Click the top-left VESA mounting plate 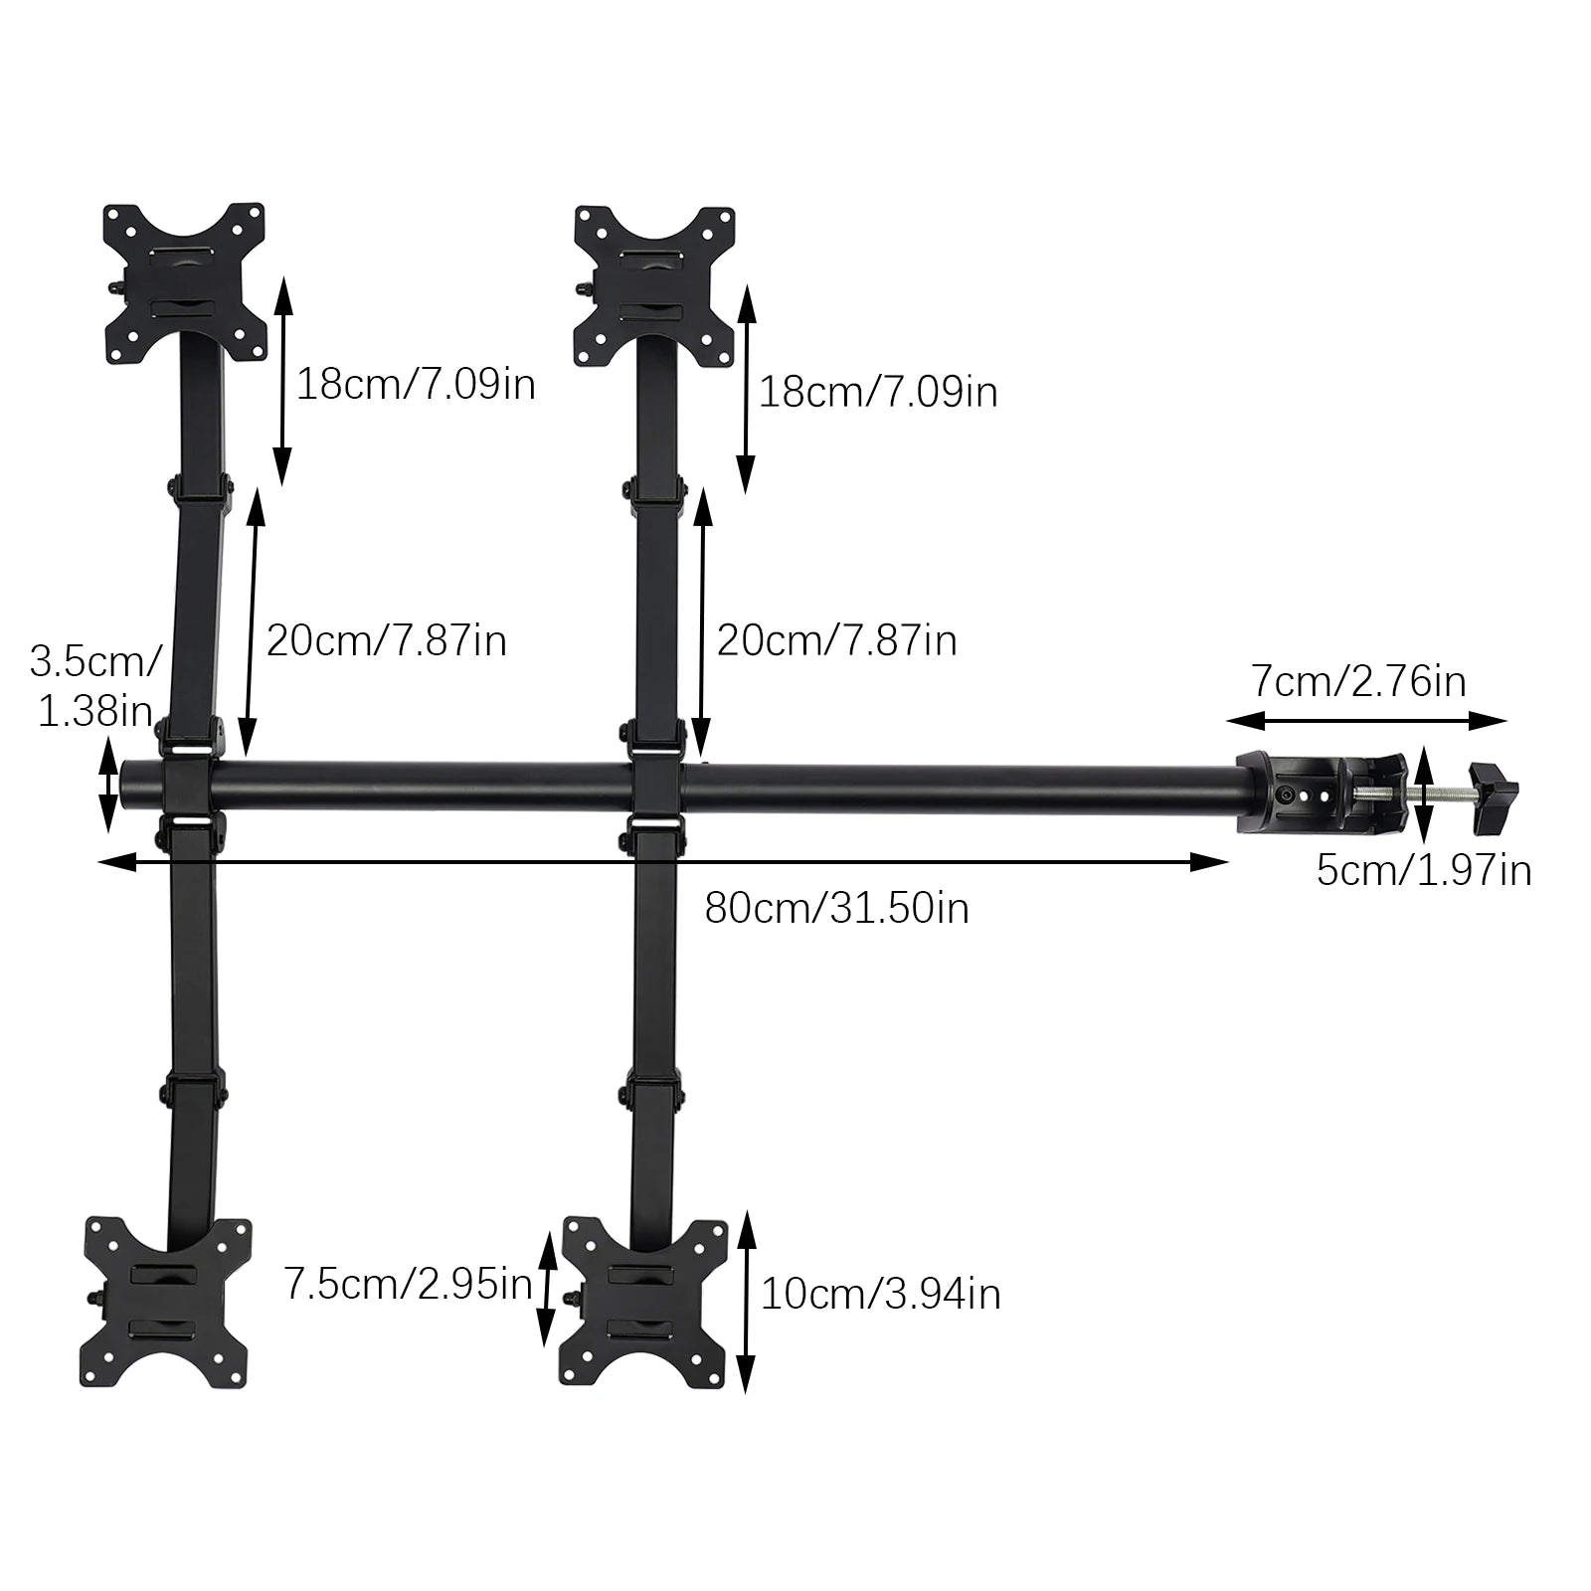(x=186, y=283)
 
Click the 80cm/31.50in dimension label (x=836, y=908)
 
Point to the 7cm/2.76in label (x=1358, y=681)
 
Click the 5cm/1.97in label (x=1423, y=871)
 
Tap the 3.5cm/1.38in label (x=94, y=686)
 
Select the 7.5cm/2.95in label (x=408, y=1284)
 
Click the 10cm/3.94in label (x=880, y=1295)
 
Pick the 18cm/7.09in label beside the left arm (x=416, y=384)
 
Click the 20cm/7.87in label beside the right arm (x=836, y=640)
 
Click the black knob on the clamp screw (x=1494, y=795)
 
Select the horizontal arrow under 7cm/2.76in (x=1366, y=721)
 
